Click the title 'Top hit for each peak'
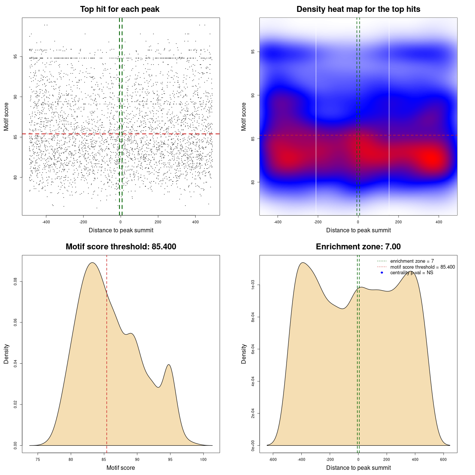(119, 9)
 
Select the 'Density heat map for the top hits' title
(358, 9)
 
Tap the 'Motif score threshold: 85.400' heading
(121, 247)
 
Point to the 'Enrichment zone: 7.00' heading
(358, 247)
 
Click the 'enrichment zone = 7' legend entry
(412, 261)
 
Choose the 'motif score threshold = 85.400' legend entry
(422, 267)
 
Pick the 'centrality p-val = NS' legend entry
(412, 273)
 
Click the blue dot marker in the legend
(382, 273)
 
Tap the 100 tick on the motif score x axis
(203, 459)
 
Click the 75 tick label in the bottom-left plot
(37, 459)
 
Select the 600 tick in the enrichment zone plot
(443, 459)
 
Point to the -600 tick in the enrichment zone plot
(273, 459)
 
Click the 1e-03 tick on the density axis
(253, 285)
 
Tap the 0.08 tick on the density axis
(16, 282)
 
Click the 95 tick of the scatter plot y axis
(16, 57)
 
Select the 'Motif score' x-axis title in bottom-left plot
(121, 468)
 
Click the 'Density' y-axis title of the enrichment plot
(244, 354)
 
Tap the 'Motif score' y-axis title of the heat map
(244, 117)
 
